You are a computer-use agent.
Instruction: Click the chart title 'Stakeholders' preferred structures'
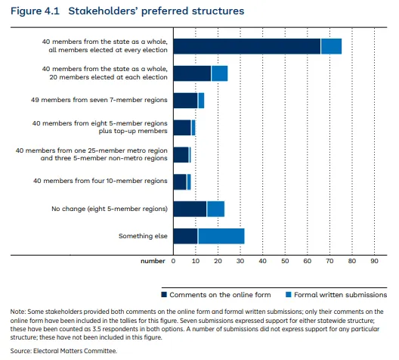click(x=156, y=11)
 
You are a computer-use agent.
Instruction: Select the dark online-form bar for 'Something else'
click(x=185, y=236)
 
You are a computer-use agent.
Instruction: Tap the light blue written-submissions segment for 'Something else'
click(x=221, y=236)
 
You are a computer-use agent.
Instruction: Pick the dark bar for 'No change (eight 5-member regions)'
click(x=190, y=209)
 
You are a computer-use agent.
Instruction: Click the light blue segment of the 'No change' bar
click(x=216, y=209)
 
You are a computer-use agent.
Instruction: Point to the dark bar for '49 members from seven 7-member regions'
click(x=185, y=101)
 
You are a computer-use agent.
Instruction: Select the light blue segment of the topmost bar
click(x=331, y=46)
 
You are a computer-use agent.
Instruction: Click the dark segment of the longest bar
click(x=247, y=46)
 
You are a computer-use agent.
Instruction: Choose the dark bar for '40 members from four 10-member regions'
click(x=180, y=182)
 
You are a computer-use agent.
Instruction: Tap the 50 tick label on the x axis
click(x=285, y=261)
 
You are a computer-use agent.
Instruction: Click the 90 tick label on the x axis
click(x=374, y=261)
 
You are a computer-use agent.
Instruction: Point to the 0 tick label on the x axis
click(x=173, y=261)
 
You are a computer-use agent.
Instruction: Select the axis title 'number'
click(x=153, y=261)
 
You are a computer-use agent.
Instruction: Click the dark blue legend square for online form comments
click(x=164, y=295)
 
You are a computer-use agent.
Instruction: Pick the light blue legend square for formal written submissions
click(x=289, y=295)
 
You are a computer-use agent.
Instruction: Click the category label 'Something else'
click(x=143, y=236)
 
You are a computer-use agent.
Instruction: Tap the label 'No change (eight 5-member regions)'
click(x=110, y=209)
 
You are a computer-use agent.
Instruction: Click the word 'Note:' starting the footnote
click(x=18, y=312)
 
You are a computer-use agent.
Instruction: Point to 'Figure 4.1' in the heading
click(x=35, y=11)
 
